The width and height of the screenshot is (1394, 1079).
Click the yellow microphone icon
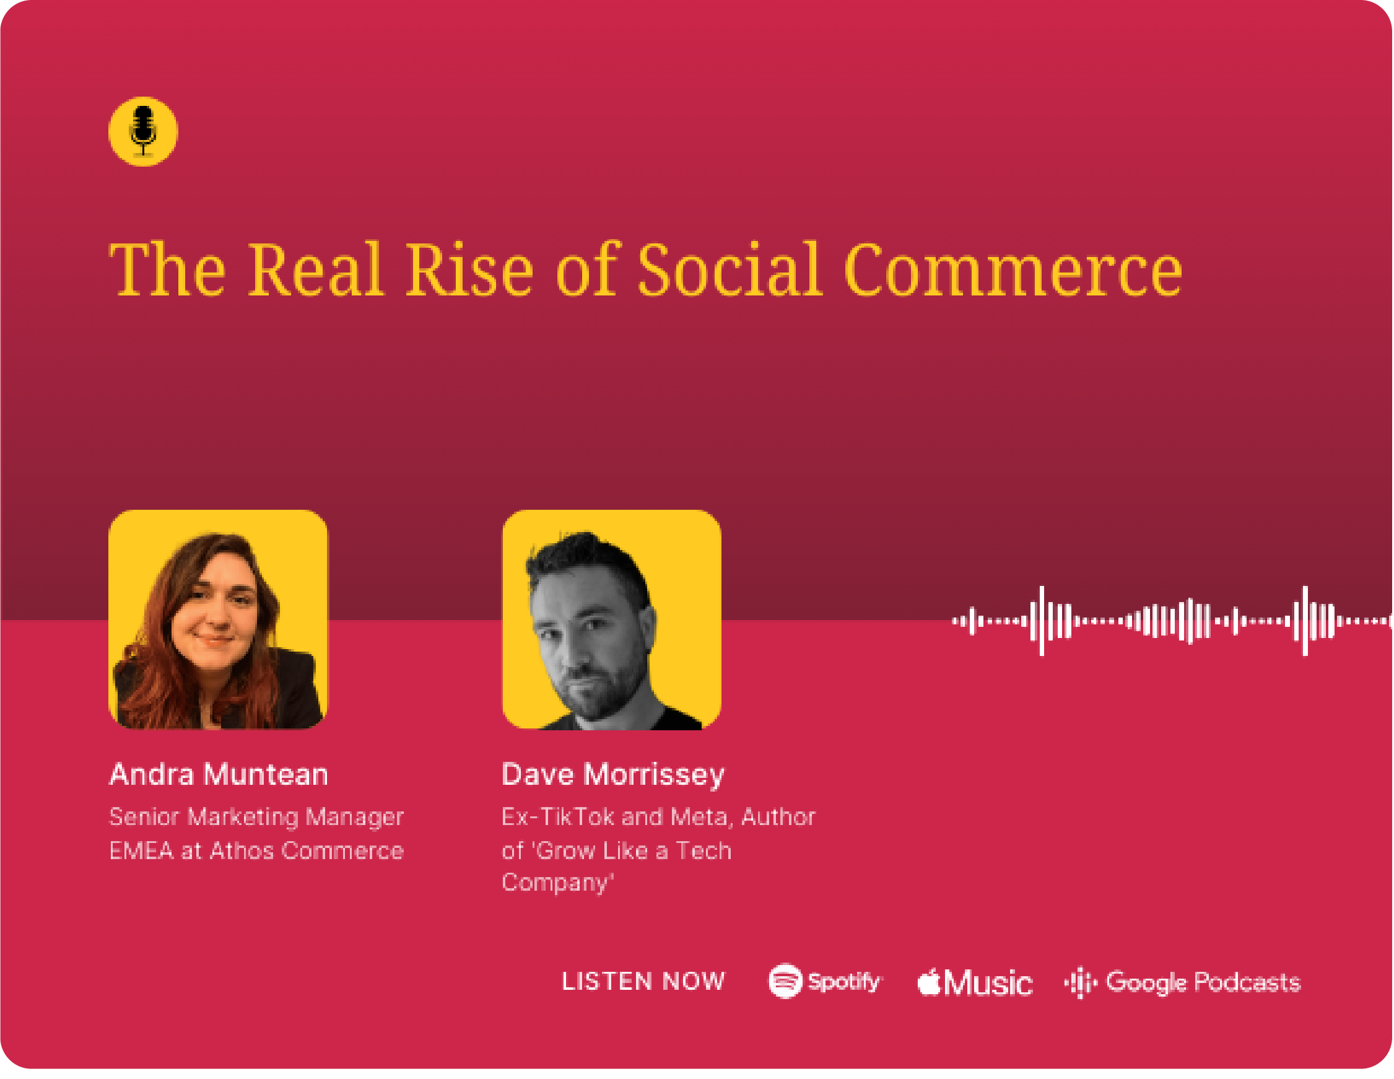[143, 131]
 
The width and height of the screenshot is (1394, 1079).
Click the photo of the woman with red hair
[217, 619]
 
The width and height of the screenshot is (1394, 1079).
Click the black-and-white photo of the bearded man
[611, 619]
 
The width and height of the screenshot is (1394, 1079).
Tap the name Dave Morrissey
[613, 775]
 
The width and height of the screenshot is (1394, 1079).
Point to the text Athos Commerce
[307, 851]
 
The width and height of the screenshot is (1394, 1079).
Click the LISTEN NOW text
[643, 981]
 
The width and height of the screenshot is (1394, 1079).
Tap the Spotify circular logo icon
[785, 981]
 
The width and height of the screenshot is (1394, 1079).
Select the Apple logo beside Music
[930, 982]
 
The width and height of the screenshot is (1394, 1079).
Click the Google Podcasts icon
[1081, 982]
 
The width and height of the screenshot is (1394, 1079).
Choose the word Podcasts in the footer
[1247, 982]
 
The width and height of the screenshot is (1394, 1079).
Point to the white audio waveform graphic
[1172, 621]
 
